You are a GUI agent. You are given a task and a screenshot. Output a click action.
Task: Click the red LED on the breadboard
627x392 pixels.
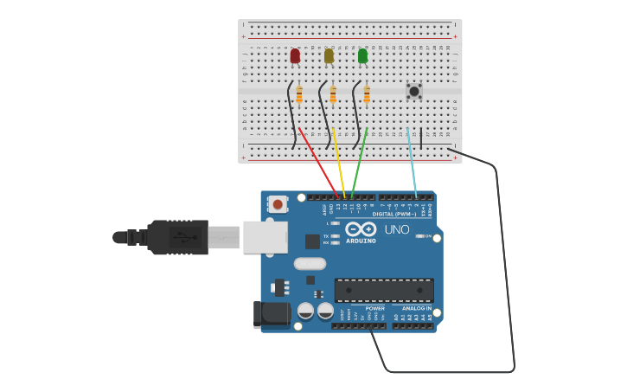[295, 55]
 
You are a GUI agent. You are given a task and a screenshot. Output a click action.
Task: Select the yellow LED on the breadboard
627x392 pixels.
[329, 55]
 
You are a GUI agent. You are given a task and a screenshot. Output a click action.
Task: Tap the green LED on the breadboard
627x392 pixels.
[362, 55]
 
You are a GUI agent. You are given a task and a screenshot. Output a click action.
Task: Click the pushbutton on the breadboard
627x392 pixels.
[414, 90]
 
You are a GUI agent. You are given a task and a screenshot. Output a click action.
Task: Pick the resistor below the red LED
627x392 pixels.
[299, 95]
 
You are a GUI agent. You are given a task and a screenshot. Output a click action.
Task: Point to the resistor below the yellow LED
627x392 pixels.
[333, 95]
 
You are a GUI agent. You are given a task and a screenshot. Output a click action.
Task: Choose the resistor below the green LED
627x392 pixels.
[367, 95]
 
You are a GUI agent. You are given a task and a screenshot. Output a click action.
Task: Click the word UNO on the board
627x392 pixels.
[396, 229]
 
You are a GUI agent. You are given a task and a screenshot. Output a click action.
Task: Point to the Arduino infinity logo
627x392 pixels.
[361, 228]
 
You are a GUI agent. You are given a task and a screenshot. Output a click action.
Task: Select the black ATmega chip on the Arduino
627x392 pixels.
[384, 290]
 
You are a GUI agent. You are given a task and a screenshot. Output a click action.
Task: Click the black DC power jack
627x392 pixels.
[271, 314]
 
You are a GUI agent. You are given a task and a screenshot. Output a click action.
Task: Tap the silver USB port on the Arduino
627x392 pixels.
[265, 237]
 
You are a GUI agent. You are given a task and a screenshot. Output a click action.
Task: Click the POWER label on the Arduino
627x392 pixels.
[374, 308]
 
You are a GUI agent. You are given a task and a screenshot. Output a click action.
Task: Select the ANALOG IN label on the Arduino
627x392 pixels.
[417, 308]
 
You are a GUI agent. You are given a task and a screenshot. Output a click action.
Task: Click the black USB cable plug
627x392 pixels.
[177, 237]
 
